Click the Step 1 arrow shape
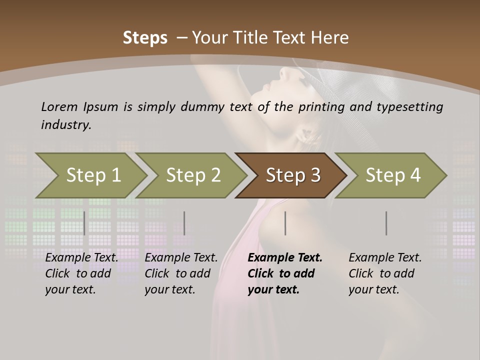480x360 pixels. tap(93, 175)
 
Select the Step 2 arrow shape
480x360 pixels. tap(193, 175)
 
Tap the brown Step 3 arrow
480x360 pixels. tap(292, 175)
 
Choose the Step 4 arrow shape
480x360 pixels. tap(392, 175)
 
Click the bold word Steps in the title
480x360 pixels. tap(145, 38)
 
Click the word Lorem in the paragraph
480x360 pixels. tap(59, 106)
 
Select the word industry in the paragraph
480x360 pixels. tap(66, 124)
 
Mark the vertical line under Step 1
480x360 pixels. tap(84, 223)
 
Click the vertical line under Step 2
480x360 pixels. tap(184, 223)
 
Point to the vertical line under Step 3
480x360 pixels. tap(285, 223)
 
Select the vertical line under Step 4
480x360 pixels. tap(386, 223)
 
